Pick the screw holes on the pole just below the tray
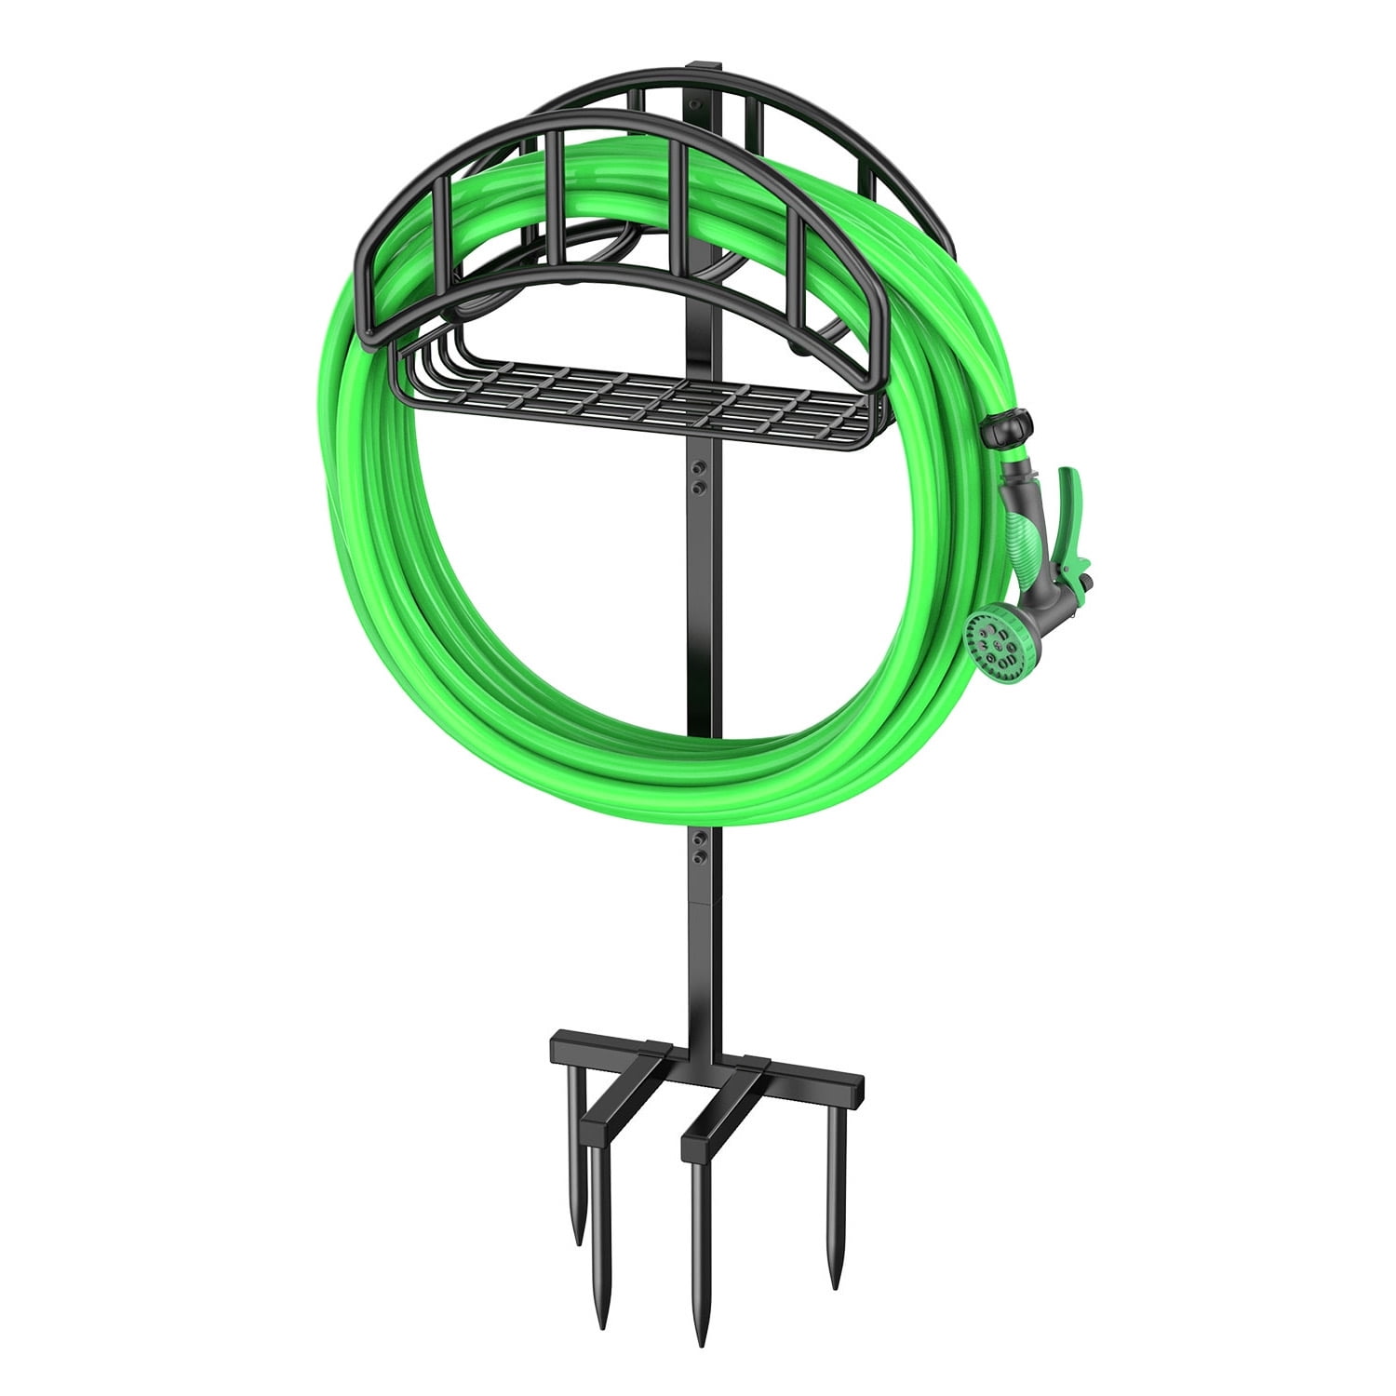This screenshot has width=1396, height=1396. [x=700, y=475]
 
